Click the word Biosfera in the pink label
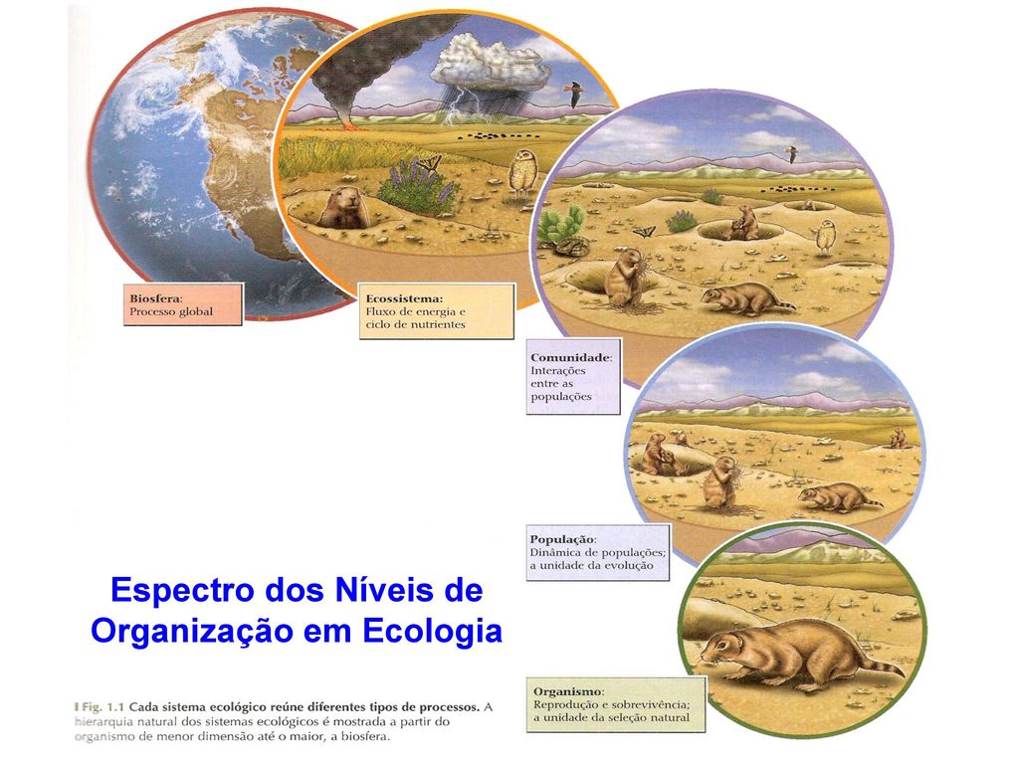(154, 298)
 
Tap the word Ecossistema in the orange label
(403, 298)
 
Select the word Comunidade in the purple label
(570, 358)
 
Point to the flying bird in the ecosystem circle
(573, 94)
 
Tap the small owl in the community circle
(825, 238)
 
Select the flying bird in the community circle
(791, 154)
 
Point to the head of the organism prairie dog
(722, 647)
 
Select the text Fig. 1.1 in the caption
(102, 707)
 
